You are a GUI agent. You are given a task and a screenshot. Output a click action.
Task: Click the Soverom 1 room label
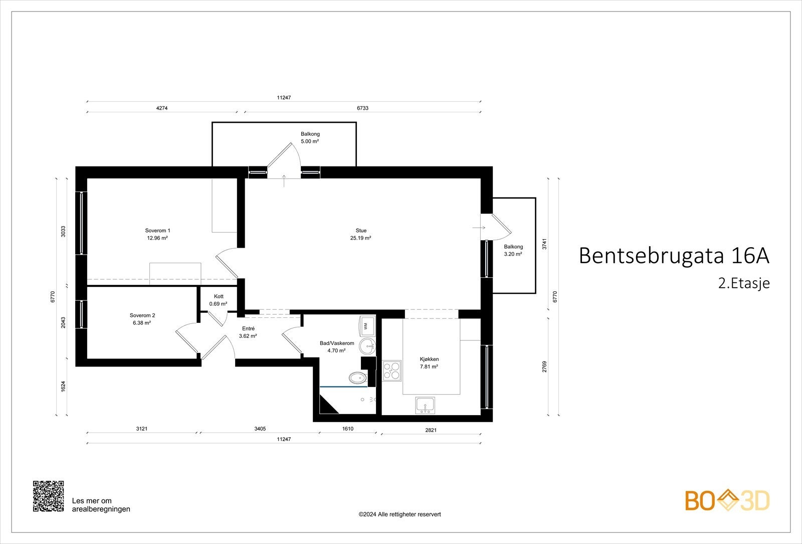click(157, 234)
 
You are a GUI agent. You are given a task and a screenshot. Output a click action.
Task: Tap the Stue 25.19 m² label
click(360, 234)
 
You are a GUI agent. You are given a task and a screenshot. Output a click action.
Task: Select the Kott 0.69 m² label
click(218, 300)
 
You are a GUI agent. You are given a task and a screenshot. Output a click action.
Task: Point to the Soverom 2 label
click(142, 319)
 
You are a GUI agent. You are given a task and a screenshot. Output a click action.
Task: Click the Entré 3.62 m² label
click(248, 332)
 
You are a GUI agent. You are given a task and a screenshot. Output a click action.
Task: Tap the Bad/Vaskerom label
click(337, 346)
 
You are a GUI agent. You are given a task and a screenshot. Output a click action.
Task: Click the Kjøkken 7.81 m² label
click(429, 362)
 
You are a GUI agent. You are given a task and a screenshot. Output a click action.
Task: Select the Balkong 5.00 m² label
click(310, 137)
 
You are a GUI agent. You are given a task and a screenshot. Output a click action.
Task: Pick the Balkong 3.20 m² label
click(513, 250)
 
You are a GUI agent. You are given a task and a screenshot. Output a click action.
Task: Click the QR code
click(48, 496)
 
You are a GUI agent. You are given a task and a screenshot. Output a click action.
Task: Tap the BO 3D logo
click(727, 500)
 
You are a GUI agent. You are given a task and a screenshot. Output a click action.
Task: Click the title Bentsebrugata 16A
click(673, 256)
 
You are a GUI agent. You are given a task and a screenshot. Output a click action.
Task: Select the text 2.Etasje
click(743, 283)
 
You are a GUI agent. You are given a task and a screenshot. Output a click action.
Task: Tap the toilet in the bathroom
click(357, 378)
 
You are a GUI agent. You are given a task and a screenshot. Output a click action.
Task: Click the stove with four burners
click(392, 370)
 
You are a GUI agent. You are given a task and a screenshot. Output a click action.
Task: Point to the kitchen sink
click(425, 405)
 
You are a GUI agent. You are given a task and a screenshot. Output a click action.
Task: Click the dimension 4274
click(161, 108)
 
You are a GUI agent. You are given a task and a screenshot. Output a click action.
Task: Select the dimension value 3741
click(544, 244)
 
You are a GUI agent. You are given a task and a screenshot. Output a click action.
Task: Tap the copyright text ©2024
click(399, 514)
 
